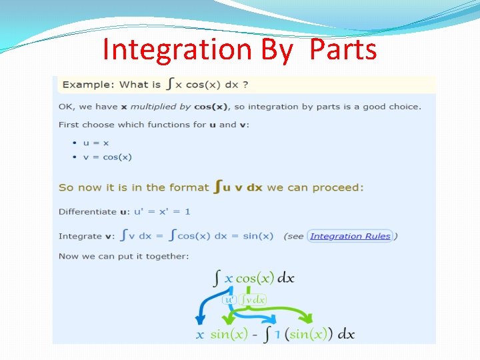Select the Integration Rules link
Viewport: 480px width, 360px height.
point(350,236)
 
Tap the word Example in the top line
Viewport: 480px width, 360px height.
point(87,85)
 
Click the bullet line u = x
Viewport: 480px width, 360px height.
point(96,143)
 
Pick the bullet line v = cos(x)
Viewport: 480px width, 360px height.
point(107,157)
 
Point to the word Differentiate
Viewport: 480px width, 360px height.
point(87,211)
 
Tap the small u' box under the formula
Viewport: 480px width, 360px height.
point(229,300)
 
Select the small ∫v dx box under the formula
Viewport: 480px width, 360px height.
point(253,300)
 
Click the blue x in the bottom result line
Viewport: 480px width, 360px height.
point(200,335)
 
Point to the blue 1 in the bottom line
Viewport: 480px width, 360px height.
point(277,335)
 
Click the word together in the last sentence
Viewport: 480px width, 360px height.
point(167,256)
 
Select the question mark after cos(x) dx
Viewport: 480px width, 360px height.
point(246,85)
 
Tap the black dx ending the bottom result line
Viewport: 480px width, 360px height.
point(346,335)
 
